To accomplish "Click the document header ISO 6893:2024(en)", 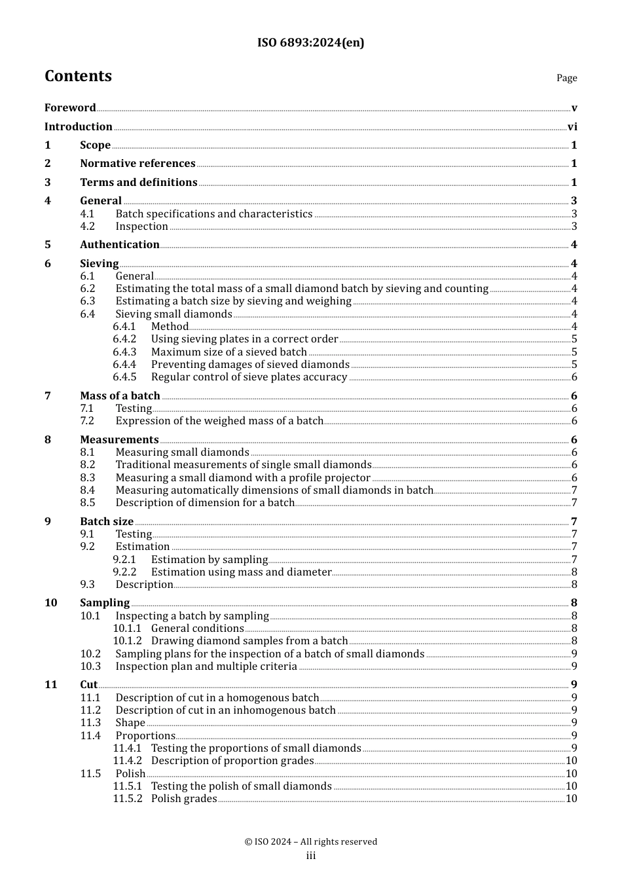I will pyautogui.click(x=310, y=43).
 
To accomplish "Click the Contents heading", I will pyautogui.click(x=78, y=76).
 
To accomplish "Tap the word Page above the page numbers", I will pyautogui.click(x=566, y=78).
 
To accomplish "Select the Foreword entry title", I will pyautogui.click(x=70, y=108).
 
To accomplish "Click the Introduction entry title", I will pyautogui.click(x=79, y=126).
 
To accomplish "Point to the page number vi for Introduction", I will pyautogui.click(x=572, y=127).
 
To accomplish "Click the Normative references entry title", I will pyautogui.click(x=137, y=164).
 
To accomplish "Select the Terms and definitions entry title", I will pyautogui.click(x=139, y=182).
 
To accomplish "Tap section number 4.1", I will pyautogui.click(x=88, y=214).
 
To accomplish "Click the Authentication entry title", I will pyautogui.click(x=120, y=245).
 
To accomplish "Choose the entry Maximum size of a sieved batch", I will pyautogui.click(x=229, y=352).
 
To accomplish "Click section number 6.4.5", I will pyautogui.click(x=124, y=377).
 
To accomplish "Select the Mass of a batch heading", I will pyautogui.click(x=120, y=395).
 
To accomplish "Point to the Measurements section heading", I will pyautogui.click(x=119, y=440).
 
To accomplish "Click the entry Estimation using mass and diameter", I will pyautogui.click(x=242, y=572).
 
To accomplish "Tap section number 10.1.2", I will pyautogui.click(x=127, y=641).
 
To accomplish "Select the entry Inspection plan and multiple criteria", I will pyautogui.click(x=206, y=667).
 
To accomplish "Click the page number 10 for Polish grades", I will pyautogui.click(x=571, y=799).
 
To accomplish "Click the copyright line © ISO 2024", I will pyautogui.click(x=311, y=842).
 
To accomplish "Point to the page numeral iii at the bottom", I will pyautogui.click(x=311, y=856).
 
